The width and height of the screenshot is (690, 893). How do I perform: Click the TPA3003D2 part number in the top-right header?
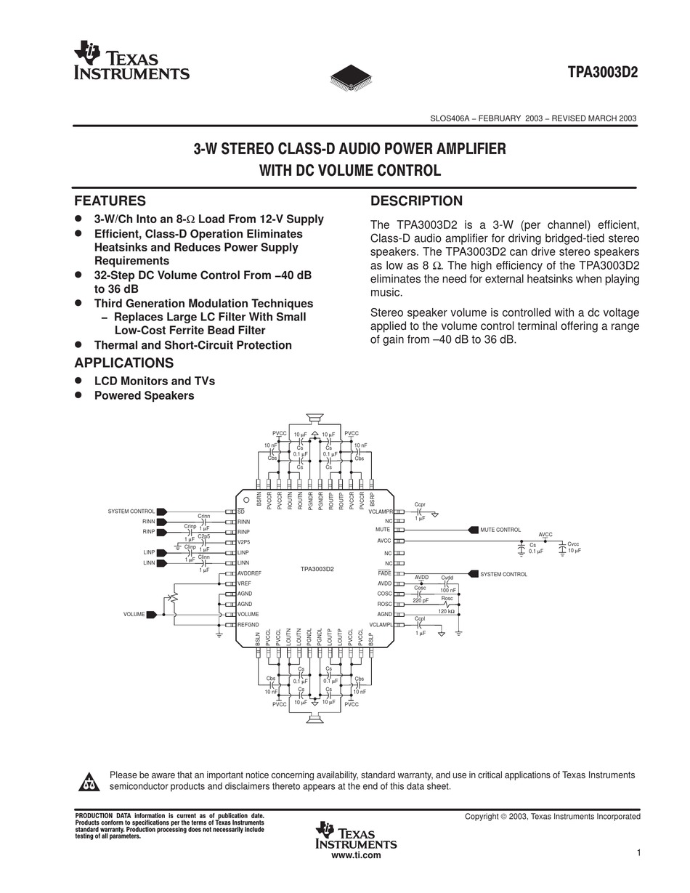[x=603, y=73]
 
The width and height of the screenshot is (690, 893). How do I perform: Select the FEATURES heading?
[x=110, y=201]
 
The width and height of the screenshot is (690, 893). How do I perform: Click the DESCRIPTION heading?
[x=416, y=201]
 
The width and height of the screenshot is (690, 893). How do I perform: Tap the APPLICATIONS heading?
[x=123, y=363]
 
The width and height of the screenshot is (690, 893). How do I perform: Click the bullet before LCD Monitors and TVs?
[x=79, y=381]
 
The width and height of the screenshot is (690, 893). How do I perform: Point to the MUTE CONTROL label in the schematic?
[x=500, y=530]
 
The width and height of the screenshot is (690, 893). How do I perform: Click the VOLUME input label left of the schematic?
[x=134, y=615]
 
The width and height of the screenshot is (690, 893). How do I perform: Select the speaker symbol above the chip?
[x=314, y=418]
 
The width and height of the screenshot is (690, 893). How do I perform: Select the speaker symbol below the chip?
[x=314, y=719]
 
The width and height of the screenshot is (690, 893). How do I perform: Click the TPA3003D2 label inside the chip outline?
[x=317, y=569]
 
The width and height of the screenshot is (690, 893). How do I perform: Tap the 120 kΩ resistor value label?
[x=446, y=612]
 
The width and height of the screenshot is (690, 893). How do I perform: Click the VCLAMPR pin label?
[x=381, y=512]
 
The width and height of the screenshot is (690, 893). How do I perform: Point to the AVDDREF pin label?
[x=249, y=573]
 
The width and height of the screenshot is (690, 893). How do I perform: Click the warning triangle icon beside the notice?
[x=88, y=782]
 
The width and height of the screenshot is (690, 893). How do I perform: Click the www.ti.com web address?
[x=356, y=855]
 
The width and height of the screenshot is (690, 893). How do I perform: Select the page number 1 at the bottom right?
[x=638, y=853]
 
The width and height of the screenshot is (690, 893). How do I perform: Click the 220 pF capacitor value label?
[x=421, y=600]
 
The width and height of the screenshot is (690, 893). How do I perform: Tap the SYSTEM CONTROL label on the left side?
[x=131, y=512]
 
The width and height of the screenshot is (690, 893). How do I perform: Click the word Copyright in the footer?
[x=482, y=817]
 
